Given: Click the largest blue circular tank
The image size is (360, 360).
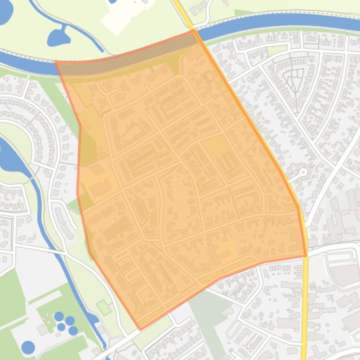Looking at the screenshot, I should (28, 347).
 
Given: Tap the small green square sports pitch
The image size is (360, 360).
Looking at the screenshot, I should (103, 308).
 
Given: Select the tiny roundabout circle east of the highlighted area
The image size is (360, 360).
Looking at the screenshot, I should (303, 172).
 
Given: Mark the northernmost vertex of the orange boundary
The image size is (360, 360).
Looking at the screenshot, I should (193, 30).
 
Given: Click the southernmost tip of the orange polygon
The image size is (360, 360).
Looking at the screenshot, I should (140, 330).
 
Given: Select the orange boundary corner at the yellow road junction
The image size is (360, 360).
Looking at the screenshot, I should (306, 256).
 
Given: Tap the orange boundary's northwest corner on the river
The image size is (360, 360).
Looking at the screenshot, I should (56, 62).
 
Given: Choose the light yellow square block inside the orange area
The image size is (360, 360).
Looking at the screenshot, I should (213, 145).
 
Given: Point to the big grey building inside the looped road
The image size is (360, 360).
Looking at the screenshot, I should (346, 274).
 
